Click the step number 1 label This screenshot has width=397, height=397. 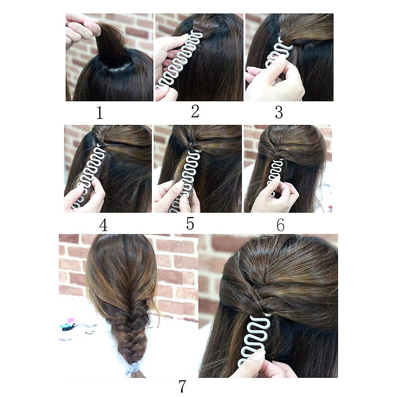(x=100, y=113)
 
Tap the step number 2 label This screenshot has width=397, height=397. (x=195, y=111)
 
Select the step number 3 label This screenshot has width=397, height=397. (x=279, y=112)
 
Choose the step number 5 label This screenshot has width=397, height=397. (x=190, y=223)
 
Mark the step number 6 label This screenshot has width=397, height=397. (x=280, y=224)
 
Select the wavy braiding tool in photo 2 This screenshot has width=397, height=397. (x=177, y=61)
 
